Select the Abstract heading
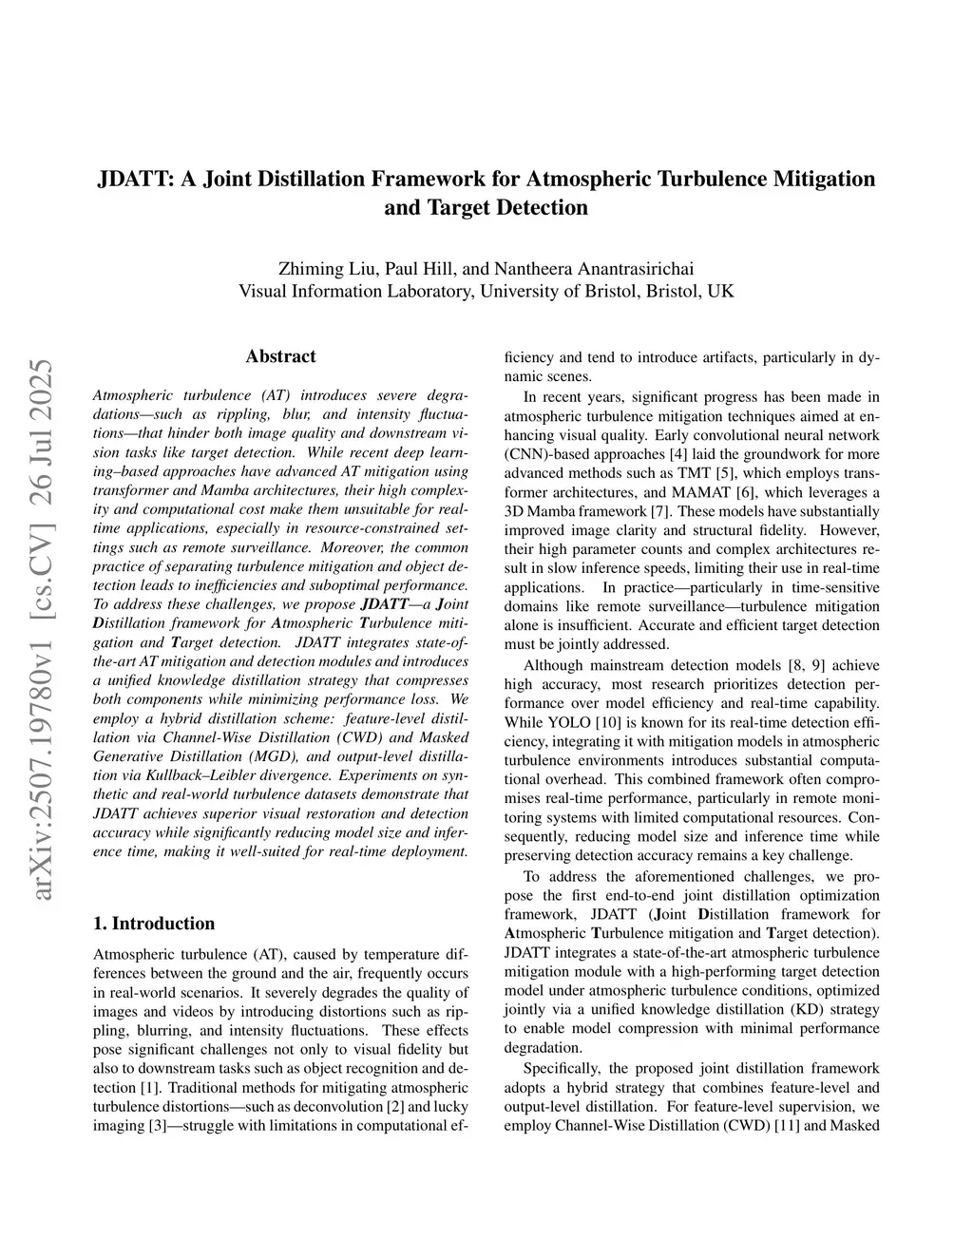click(280, 356)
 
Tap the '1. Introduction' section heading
click(155, 924)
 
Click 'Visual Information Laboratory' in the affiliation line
click(354, 291)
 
